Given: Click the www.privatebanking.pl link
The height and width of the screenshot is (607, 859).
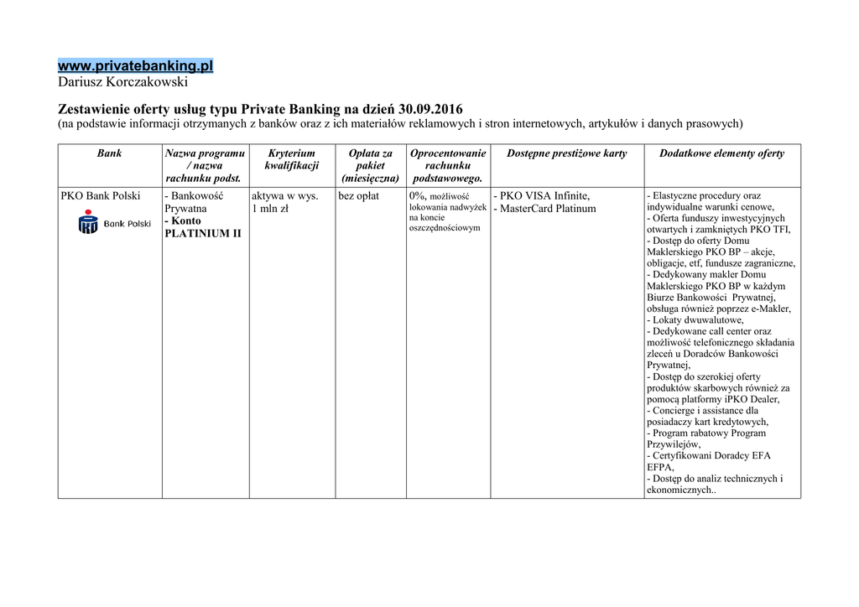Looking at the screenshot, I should [135, 65].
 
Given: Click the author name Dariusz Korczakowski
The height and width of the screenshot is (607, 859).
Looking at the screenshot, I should [123, 82].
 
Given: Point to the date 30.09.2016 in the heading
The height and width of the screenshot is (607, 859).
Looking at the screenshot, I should [430, 110].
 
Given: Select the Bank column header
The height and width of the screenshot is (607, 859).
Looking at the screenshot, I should [109, 154].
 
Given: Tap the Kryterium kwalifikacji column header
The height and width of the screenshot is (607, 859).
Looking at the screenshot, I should [291, 159].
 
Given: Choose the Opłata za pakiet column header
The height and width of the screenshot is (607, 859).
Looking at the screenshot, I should [370, 165].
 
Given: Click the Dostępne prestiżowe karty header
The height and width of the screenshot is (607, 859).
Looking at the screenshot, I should [566, 154].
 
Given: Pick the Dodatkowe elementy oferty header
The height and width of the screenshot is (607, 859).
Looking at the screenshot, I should [721, 154].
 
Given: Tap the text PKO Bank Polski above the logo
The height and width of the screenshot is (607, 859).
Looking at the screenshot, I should [101, 196].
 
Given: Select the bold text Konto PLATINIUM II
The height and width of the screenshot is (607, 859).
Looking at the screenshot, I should [202, 227].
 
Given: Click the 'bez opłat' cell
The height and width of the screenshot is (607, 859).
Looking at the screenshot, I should [359, 196].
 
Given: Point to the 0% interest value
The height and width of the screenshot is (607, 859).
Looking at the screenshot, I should [418, 196].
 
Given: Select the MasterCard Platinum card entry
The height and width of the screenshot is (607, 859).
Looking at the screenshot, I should [546, 209].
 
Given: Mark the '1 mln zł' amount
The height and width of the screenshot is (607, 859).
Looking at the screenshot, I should [270, 209].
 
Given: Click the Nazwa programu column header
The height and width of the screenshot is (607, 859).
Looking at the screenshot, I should [205, 165].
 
